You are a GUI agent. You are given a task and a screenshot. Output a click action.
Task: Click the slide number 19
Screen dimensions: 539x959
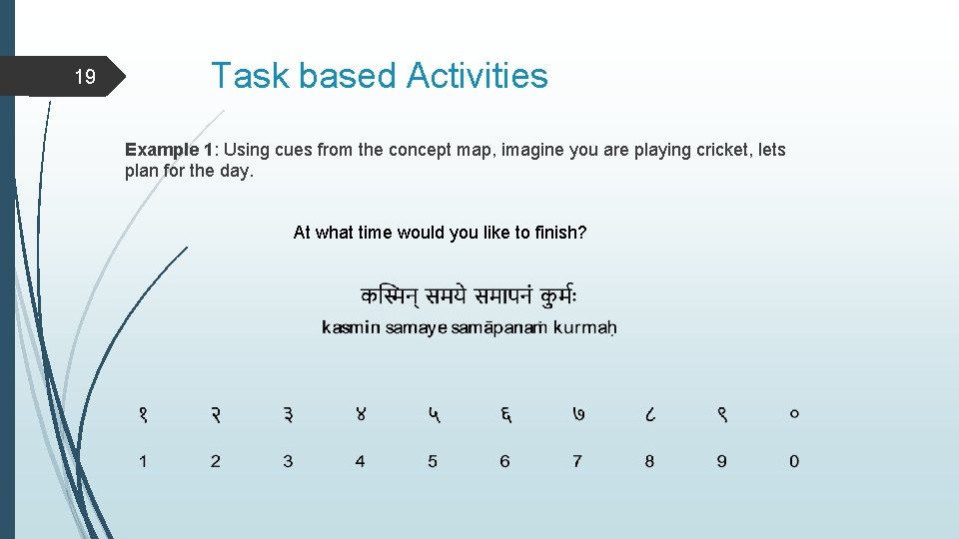tap(86, 77)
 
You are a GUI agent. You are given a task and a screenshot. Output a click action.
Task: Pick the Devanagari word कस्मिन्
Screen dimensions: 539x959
tap(390, 296)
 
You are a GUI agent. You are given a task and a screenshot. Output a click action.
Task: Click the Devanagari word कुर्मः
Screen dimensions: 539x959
tap(557, 296)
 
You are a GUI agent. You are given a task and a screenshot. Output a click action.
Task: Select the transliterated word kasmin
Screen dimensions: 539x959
tap(351, 327)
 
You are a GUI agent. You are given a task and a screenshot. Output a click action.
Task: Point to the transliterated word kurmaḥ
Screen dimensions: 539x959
tap(584, 327)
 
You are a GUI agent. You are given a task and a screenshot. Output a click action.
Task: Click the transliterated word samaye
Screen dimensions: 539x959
tap(416, 327)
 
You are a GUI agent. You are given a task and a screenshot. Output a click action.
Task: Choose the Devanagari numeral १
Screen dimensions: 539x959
tap(144, 413)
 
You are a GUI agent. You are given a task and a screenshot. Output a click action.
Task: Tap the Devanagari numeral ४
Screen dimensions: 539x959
tap(361, 413)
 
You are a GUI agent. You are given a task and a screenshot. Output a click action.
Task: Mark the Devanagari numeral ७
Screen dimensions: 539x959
tap(577, 413)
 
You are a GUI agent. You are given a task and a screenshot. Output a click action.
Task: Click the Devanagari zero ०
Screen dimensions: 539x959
tap(794, 413)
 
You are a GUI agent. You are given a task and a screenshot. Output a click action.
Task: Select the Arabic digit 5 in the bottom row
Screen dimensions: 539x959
tap(433, 461)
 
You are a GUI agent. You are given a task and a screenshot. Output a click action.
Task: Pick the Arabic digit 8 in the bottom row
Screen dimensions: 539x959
tap(649, 461)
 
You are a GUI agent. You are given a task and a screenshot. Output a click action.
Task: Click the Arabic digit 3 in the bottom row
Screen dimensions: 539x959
tap(288, 461)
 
